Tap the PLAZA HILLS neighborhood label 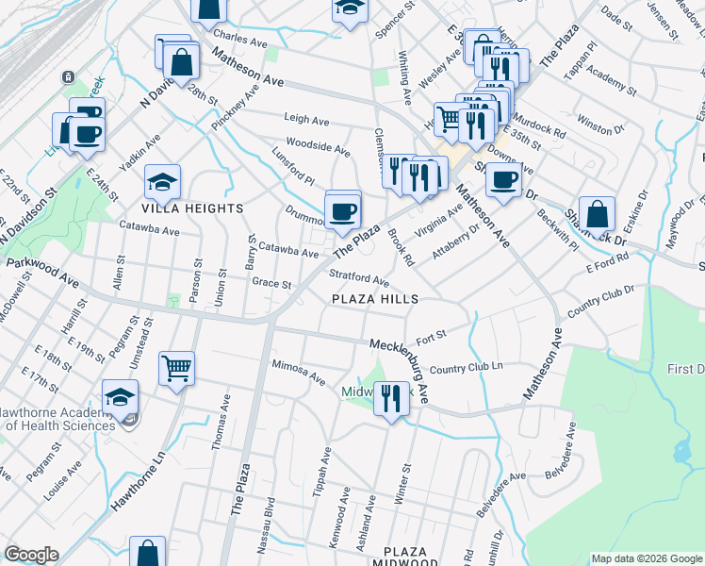[x=374, y=299]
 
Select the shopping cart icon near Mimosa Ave [x=177, y=367]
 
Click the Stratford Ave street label [x=358, y=278]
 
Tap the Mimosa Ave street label [x=298, y=368]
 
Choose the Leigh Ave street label [x=307, y=121]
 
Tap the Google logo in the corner [x=31, y=555]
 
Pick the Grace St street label [x=271, y=283]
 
